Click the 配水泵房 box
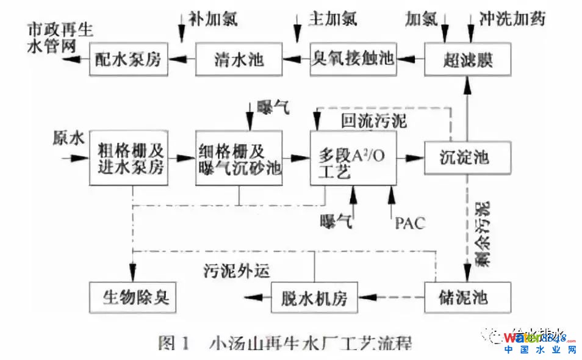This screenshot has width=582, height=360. (x=128, y=60)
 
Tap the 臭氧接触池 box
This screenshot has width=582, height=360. (x=352, y=60)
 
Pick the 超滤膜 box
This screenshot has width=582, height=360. (x=466, y=60)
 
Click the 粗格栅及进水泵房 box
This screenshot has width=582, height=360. (x=130, y=157)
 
